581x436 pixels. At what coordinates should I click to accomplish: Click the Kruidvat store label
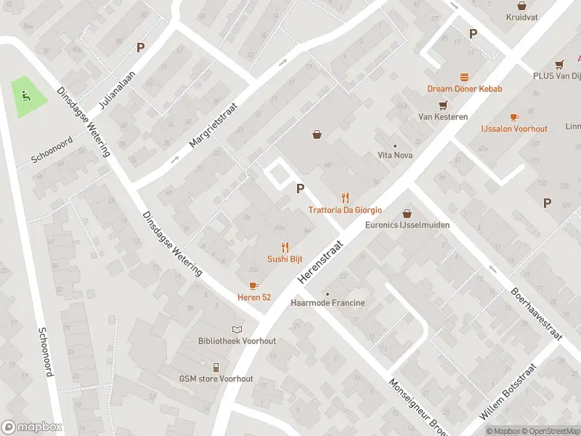[x=521, y=16]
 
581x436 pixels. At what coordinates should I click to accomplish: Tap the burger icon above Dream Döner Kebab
[x=464, y=76]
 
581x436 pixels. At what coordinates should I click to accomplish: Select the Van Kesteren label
[x=442, y=116]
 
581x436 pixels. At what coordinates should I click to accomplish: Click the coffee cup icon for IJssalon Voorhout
[x=514, y=116]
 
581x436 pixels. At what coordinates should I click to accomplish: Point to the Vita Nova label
[x=395, y=155]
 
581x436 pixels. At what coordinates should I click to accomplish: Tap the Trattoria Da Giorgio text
[x=345, y=210]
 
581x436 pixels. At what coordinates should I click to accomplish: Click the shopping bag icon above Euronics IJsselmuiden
[x=407, y=213]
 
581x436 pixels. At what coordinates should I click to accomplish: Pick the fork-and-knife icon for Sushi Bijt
[x=285, y=247]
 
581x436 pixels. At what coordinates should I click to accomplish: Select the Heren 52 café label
[x=254, y=297]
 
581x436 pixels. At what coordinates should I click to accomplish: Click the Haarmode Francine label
[x=328, y=302]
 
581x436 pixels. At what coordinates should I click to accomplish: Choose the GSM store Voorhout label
[x=216, y=379]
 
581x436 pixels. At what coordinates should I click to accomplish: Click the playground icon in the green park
[x=27, y=94]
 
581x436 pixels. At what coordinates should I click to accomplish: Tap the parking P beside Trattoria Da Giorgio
[x=299, y=188]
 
